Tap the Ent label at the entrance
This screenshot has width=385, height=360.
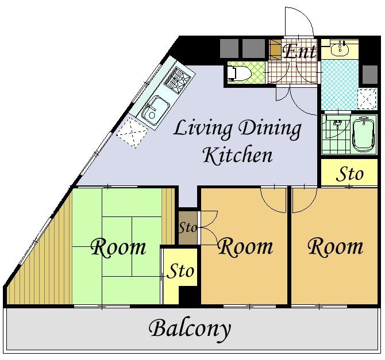pos(299,51)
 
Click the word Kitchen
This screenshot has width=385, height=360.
pos(238,156)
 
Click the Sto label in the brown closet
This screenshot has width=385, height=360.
pos(187,227)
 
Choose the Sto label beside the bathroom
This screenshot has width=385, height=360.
pos(349,174)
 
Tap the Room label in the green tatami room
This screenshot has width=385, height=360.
pos(118,247)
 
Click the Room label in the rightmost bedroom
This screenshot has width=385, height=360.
pos(336,246)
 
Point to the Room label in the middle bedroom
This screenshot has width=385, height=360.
pos(245,247)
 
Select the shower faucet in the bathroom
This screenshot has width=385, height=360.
pos(338,123)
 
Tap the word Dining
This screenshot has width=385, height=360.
pos(270,129)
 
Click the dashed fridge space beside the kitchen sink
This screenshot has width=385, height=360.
pos(132,132)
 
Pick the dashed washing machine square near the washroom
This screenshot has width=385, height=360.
pos(367,99)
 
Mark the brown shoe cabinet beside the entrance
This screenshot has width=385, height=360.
pos(275,49)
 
